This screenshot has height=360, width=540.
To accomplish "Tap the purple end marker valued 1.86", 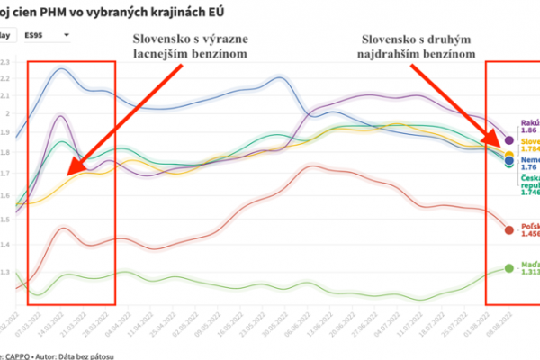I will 509,140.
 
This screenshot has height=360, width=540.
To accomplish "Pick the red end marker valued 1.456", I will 509,230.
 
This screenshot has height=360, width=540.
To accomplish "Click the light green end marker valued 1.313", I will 509,268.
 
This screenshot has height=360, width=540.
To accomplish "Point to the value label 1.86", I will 528,132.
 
